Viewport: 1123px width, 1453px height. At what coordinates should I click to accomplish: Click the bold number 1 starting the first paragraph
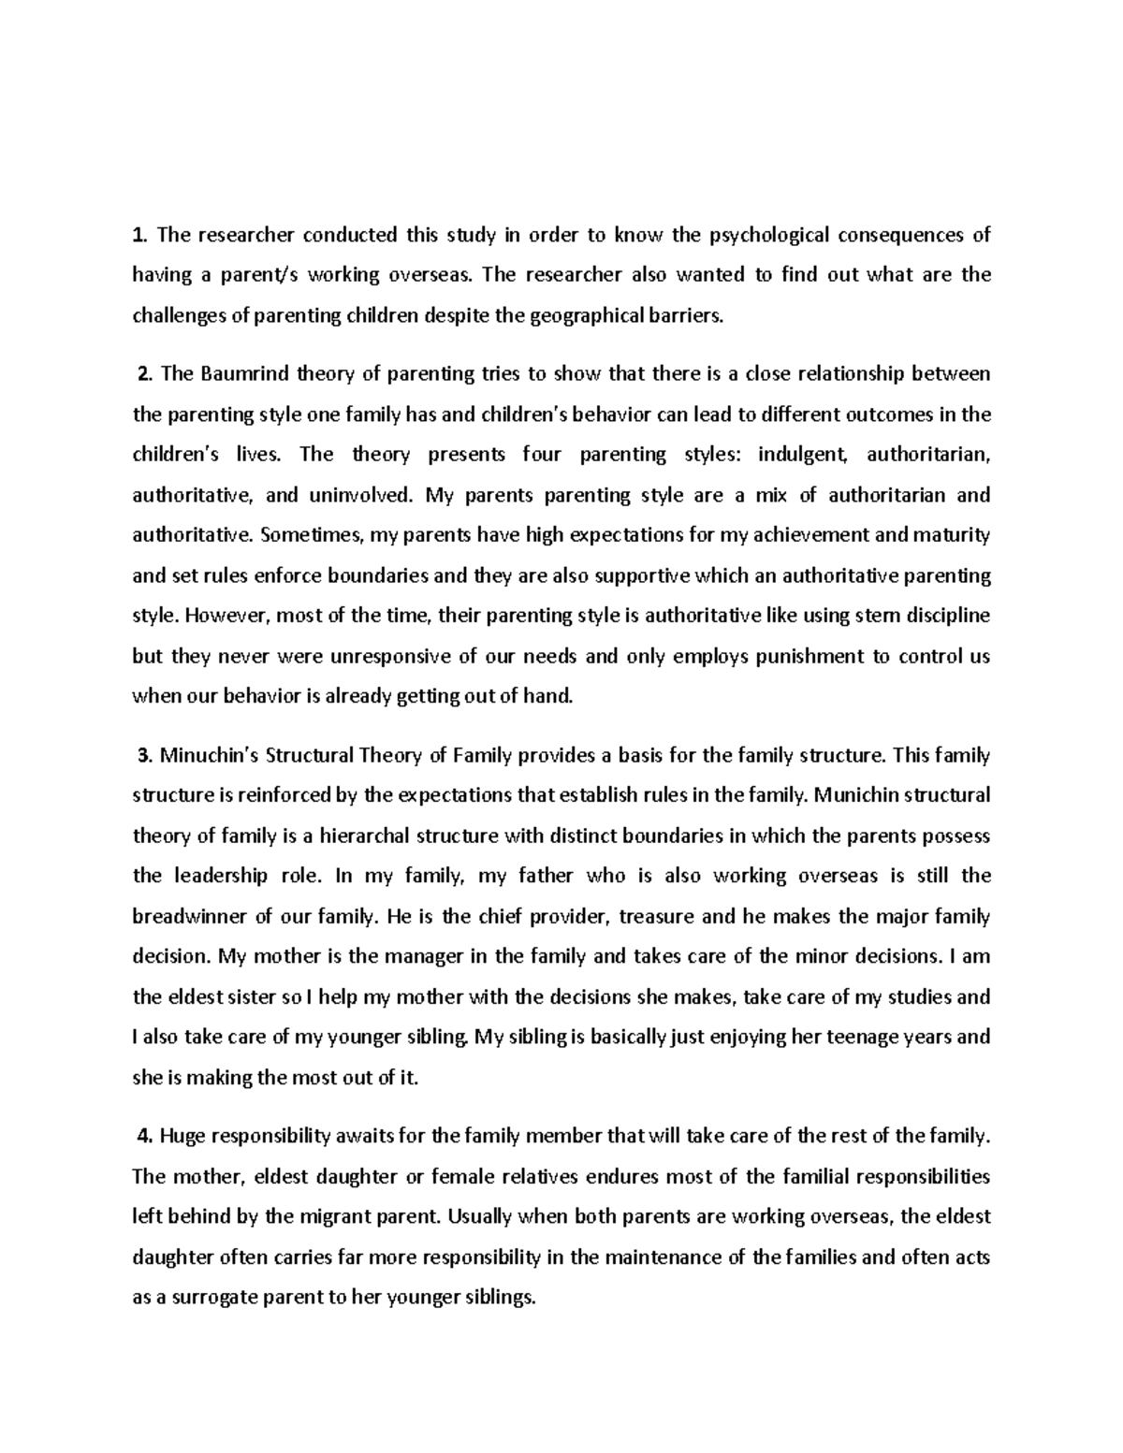point(138,235)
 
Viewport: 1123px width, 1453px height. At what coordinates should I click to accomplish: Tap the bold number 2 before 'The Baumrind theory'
point(143,375)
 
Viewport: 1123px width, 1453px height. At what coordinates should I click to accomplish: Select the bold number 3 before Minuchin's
point(143,755)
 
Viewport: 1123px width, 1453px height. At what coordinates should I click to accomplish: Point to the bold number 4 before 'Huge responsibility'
point(143,1137)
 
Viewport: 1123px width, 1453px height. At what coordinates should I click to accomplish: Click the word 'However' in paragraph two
point(223,617)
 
